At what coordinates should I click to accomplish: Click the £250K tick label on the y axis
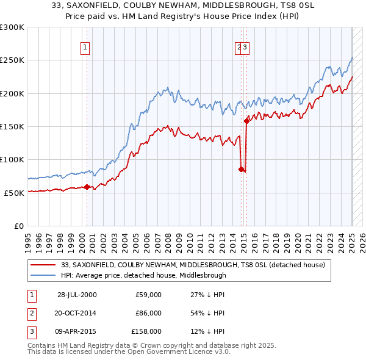click(x=12, y=60)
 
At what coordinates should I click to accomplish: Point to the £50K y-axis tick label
click(x=14, y=193)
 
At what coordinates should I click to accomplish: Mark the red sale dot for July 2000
click(x=87, y=187)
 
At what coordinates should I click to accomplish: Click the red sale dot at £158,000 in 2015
click(x=246, y=121)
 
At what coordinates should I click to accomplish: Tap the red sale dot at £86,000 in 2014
click(x=242, y=169)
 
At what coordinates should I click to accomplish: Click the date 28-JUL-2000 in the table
click(x=77, y=295)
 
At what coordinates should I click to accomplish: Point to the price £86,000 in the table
click(x=148, y=313)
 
